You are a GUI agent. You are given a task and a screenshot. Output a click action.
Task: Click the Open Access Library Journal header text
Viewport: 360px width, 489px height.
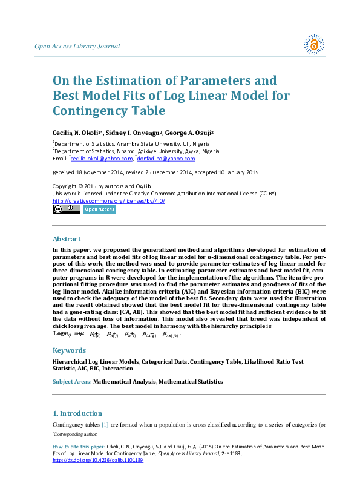77,47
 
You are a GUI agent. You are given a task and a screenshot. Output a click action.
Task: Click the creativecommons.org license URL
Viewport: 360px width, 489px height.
109,200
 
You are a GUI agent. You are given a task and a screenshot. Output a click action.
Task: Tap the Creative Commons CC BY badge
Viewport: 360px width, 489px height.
66,209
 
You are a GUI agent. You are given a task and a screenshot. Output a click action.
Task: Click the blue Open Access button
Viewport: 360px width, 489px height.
99,209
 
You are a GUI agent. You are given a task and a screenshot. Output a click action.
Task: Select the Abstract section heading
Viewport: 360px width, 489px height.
66,239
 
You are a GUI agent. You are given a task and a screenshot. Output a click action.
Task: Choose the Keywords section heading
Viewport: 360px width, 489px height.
68,350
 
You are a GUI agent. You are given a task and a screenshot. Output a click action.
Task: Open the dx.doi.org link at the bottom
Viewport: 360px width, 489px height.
98,460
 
